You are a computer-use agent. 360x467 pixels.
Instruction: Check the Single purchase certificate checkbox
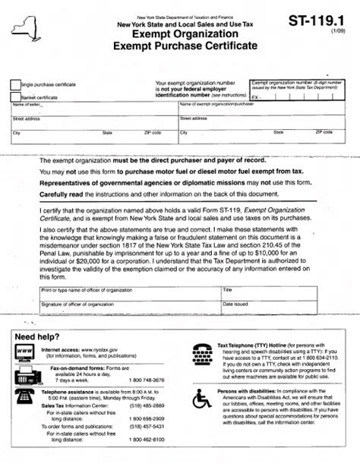[16, 85]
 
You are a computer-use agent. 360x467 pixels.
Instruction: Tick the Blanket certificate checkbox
[16, 96]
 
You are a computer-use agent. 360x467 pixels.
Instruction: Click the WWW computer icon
[24, 351]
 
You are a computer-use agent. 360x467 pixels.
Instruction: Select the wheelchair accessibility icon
[204, 400]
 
